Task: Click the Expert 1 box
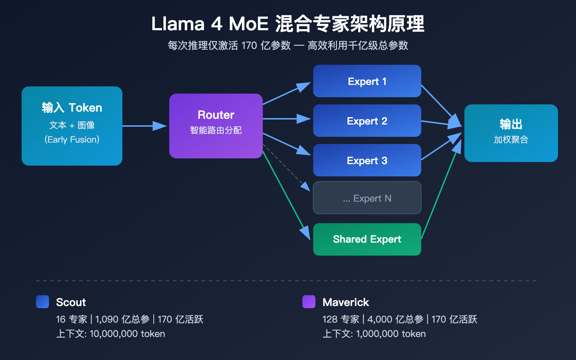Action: coord(367,81)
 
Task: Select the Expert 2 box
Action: coord(367,121)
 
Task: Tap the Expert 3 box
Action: coord(367,160)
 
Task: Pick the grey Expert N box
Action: coord(367,198)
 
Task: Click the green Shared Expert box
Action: coord(367,239)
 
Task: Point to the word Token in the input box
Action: coord(85,108)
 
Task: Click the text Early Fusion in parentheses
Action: coord(72,140)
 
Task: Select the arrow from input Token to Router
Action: coord(144,126)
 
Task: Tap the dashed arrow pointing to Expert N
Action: coord(286,167)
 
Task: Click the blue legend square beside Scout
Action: coord(42,302)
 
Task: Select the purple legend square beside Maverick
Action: coord(309,302)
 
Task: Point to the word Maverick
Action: coord(346,302)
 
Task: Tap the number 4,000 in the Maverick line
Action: coord(380,319)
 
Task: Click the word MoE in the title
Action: coord(249,24)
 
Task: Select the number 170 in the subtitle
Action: coord(249,46)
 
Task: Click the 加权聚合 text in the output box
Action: coord(511,140)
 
